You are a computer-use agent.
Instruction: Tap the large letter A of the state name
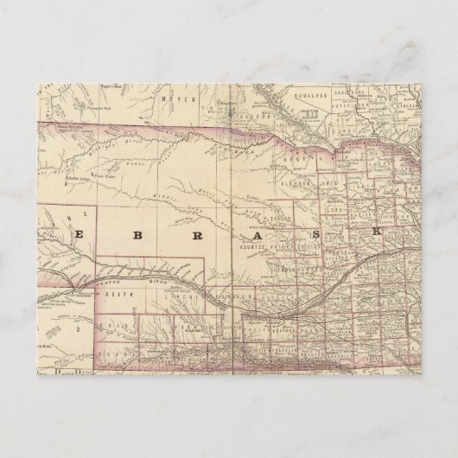(x=256, y=234)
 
